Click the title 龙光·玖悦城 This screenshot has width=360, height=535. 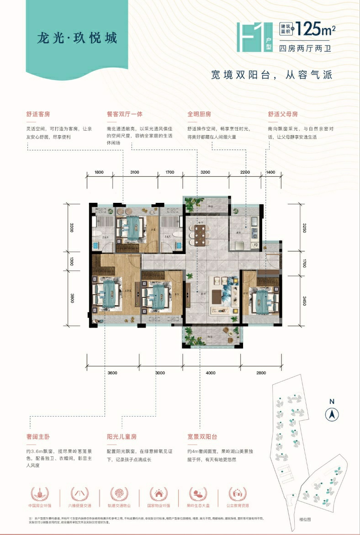(77, 38)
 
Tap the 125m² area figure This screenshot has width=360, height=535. (316, 30)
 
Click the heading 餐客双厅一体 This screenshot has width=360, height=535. (124, 114)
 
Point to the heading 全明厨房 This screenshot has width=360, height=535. (199, 114)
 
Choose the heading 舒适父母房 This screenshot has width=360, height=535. (283, 114)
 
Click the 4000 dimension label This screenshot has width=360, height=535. (211, 373)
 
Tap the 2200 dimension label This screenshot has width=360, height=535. (246, 172)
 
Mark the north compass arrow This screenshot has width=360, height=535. (331, 414)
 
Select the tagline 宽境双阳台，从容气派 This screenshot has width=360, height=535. (271, 75)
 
